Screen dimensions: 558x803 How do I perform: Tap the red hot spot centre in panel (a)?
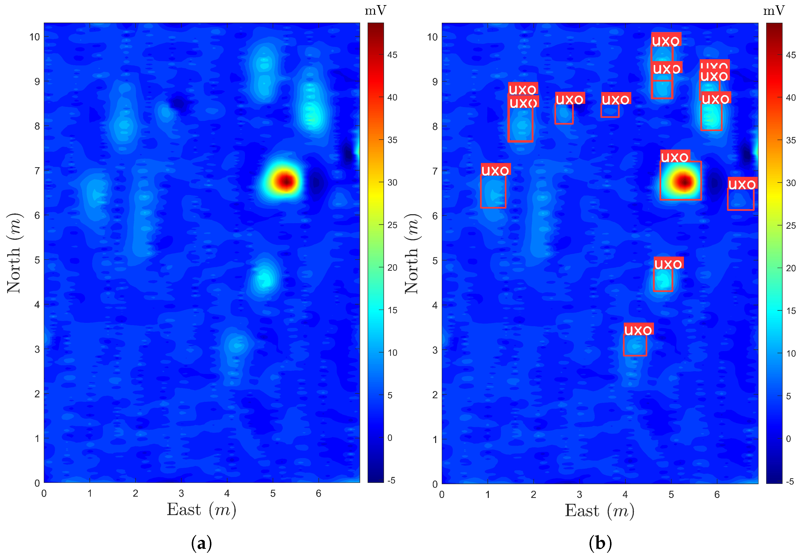pos(286,181)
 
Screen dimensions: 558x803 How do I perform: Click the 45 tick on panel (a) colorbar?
pos(392,55)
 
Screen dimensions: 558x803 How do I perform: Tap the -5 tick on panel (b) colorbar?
pos(790,481)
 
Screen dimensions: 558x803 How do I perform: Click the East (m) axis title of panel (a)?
pos(201,510)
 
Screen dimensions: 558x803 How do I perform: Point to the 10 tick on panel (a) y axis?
pos(35,37)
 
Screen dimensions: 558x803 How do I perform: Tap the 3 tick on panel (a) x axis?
pos(181,493)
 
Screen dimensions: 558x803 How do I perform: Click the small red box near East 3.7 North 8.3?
pos(610,110)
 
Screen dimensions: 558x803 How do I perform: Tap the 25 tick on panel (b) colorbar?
pos(791,225)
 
